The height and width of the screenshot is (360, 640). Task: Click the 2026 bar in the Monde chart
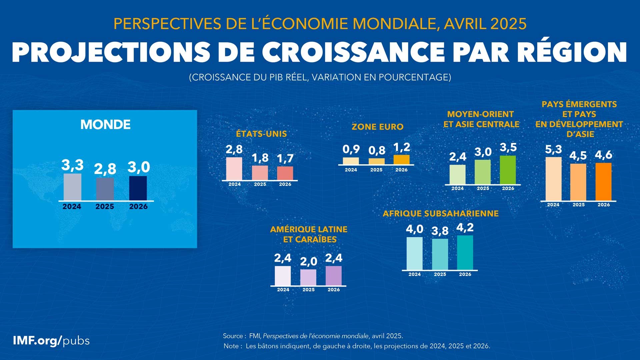pyautogui.click(x=138, y=188)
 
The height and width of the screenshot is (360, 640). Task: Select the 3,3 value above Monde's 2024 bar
pyautogui.click(x=72, y=165)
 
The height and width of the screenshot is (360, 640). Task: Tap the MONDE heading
pyautogui.click(x=105, y=125)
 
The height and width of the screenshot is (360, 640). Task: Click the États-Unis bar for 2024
pyautogui.click(x=234, y=169)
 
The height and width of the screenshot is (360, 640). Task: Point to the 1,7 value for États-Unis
pyautogui.click(x=285, y=158)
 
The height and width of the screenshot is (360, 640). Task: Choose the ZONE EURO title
pyautogui.click(x=377, y=127)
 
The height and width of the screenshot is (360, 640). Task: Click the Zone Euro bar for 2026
pyautogui.click(x=401, y=160)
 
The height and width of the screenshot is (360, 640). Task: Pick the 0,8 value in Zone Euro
pyautogui.click(x=377, y=151)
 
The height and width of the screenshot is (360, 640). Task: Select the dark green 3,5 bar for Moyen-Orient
pyautogui.click(x=508, y=170)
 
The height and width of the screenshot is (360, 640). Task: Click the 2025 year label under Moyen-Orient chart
pyautogui.click(x=483, y=189)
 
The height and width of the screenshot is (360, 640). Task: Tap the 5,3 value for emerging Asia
pyautogui.click(x=553, y=149)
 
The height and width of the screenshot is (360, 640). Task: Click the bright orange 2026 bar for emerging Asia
pyautogui.click(x=603, y=182)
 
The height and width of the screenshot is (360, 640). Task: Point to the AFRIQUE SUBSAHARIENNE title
pyautogui.click(x=440, y=214)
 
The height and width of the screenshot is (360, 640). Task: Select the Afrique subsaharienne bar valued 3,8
pyautogui.click(x=440, y=254)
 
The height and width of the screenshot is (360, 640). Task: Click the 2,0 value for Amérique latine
pyautogui.click(x=308, y=262)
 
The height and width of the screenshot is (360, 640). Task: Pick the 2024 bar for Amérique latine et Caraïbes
pyautogui.click(x=283, y=276)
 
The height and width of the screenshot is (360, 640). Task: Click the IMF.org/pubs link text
pyautogui.click(x=51, y=341)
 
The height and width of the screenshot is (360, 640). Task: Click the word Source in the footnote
pyautogui.click(x=233, y=336)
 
